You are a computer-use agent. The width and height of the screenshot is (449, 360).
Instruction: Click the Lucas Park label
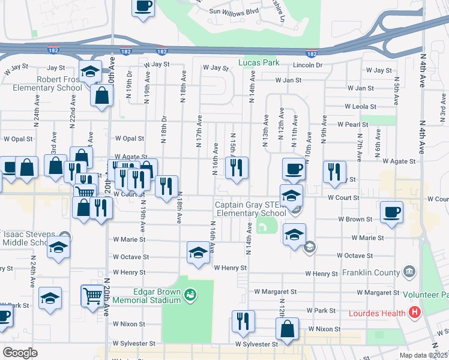(x=259, y=62)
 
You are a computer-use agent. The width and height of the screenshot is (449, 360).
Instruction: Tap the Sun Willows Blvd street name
(x=233, y=11)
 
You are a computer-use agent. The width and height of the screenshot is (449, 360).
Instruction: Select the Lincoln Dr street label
(x=308, y=64)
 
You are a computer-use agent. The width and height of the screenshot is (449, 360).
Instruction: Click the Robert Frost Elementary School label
(x=42, y=83)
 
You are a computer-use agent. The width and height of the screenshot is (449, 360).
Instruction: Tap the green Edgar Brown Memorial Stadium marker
(x=190, y=294)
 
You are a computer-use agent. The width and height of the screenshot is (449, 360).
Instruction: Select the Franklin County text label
(x=370, y=272)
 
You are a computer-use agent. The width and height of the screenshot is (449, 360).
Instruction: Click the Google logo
(x=20, y=352)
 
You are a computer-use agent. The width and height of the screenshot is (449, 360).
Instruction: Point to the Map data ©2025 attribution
(x=424, y=355)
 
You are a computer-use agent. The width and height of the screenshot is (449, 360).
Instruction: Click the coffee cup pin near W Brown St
(x=391, y=212)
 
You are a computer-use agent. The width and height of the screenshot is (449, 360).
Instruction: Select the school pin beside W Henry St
(x=198, y=253)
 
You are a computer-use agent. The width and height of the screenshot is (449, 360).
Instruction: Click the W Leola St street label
(x=360, y=106)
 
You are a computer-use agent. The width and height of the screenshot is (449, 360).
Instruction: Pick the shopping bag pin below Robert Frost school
(x=102, y=94)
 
